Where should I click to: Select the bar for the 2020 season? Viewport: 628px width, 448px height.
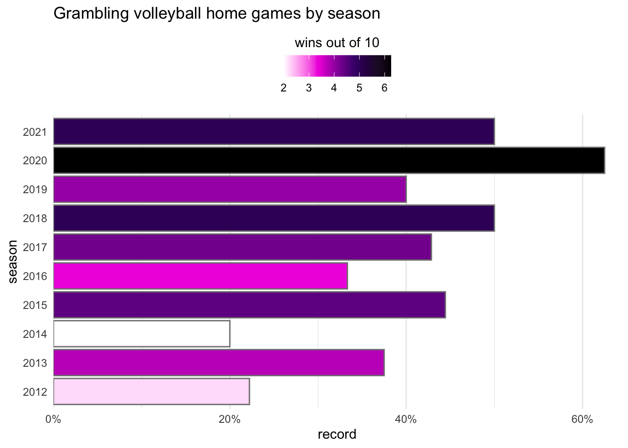(x=329, y=161)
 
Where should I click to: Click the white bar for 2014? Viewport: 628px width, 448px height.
(x=142, y=334)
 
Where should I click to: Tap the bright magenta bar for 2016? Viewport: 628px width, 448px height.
(x=200, y=276)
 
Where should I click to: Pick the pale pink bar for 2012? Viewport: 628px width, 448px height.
(x=151, y=391)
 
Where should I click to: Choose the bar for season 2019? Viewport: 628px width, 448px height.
(x=230, y=189)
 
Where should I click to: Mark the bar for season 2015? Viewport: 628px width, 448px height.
(x=250, y=305)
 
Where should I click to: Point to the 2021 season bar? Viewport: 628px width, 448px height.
(x=274, y=132)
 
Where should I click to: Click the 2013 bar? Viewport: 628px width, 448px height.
(x=219, y=363)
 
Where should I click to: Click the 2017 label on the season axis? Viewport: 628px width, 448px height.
(x=35, y=247)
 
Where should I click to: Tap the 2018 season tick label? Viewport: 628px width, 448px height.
(x=35, y=218)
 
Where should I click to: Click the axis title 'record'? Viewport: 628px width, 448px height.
(x=337, y=435)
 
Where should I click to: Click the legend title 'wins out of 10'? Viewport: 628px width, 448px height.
(x=337, y=43)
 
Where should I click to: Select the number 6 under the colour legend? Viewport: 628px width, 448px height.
(x=384, y=88)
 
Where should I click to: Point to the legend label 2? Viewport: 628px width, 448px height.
(x=284, y=88)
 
